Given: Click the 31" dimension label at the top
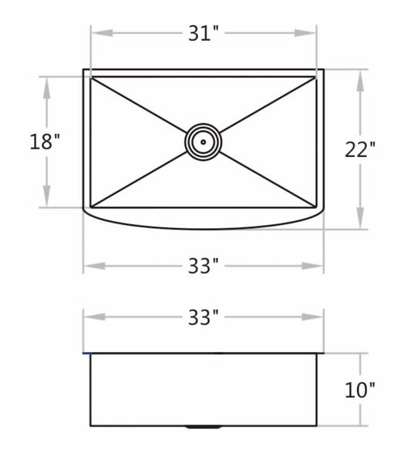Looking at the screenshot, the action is (204, 33).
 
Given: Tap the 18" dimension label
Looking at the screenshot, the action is (45, 142).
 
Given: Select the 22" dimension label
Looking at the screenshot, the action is (360, 149).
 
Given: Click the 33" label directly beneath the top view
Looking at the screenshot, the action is (204, 266).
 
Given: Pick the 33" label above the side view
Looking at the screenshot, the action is (204, 317).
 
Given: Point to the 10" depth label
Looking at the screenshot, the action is (360, 390).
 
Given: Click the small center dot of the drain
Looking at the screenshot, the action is (203, 142).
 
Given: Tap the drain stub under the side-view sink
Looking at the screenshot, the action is (203, 427).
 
